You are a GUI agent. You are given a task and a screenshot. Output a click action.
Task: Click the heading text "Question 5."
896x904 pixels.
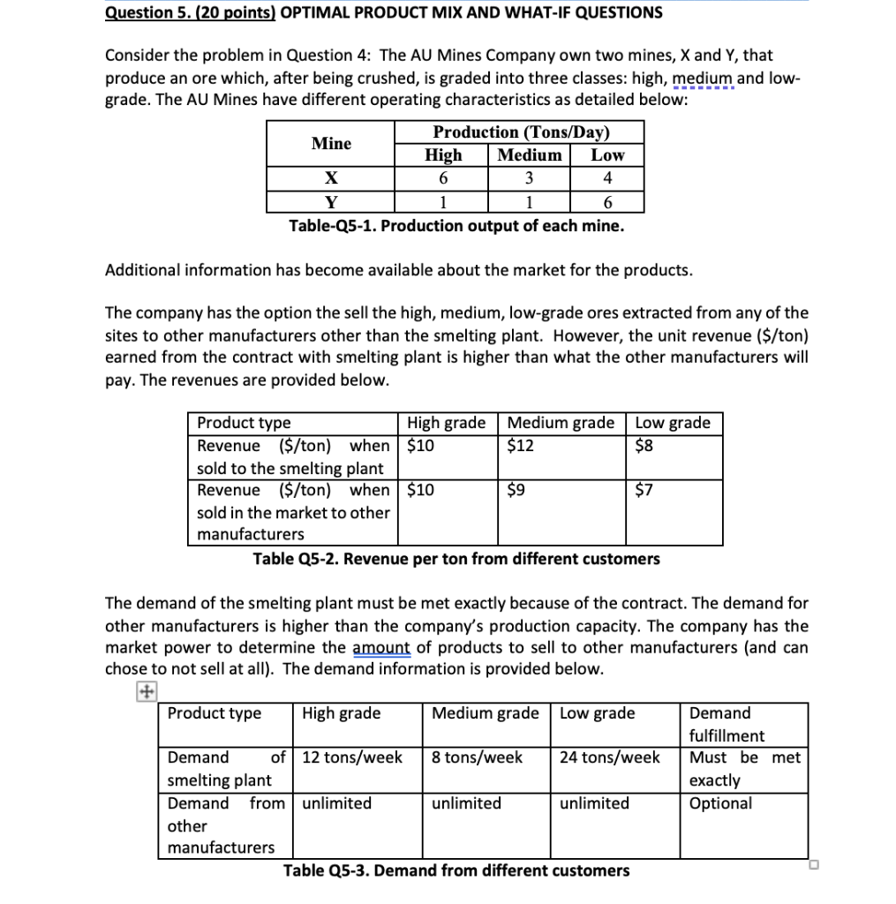(144, 12)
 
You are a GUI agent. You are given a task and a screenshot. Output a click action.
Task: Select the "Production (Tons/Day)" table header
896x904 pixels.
(522, 132)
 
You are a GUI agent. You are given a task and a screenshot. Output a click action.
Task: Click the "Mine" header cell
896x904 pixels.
(331, 143)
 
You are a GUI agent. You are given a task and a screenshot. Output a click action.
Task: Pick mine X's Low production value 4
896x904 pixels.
(606, 177)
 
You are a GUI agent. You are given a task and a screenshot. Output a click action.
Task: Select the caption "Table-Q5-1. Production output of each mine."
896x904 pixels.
(456, 226)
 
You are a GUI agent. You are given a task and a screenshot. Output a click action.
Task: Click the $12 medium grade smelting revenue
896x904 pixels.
(521, 445)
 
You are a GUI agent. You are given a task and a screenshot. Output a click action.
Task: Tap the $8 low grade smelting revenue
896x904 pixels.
(644, 445)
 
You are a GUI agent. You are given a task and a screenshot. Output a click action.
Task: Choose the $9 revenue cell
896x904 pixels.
(516, 490)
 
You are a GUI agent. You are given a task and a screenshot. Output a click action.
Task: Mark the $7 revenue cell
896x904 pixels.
(644, 490)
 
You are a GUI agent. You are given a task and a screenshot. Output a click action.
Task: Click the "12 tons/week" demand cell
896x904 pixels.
(352, 757)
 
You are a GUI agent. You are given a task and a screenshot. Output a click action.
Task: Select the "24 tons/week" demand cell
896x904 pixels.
(609, 757)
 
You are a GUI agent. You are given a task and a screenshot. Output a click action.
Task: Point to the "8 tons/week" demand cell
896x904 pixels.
(477, 757)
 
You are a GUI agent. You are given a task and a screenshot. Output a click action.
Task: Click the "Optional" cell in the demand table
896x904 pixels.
(720, 803)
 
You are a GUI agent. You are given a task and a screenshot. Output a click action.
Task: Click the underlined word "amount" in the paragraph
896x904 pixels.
(381, 647)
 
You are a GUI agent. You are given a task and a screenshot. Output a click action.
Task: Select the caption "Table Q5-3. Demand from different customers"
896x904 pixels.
(456, 870)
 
